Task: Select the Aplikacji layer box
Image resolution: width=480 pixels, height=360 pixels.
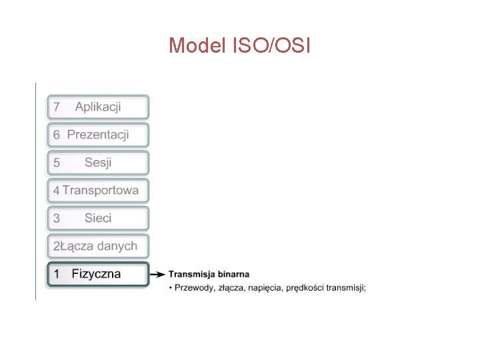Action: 98,107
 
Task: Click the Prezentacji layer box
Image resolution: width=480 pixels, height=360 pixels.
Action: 98,135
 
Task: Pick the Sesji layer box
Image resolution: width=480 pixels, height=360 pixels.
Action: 98,163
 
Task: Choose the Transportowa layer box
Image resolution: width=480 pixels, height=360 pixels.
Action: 98,191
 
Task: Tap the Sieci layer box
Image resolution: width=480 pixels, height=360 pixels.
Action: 98,218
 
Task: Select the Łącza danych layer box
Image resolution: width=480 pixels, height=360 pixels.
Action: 98,246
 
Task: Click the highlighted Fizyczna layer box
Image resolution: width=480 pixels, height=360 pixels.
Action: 98,274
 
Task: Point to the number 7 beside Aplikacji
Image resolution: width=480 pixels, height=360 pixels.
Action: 57,107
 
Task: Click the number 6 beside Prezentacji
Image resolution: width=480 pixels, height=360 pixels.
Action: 57,135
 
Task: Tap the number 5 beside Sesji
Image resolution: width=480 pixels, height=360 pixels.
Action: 57,163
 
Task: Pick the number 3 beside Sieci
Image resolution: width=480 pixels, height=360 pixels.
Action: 57,219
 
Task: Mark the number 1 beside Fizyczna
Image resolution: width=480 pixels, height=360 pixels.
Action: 57,274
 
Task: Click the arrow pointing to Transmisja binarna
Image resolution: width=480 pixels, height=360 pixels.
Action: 157,274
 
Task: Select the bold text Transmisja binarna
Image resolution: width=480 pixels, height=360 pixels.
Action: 209,274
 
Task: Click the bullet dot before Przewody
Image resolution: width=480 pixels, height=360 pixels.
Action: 171,288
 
